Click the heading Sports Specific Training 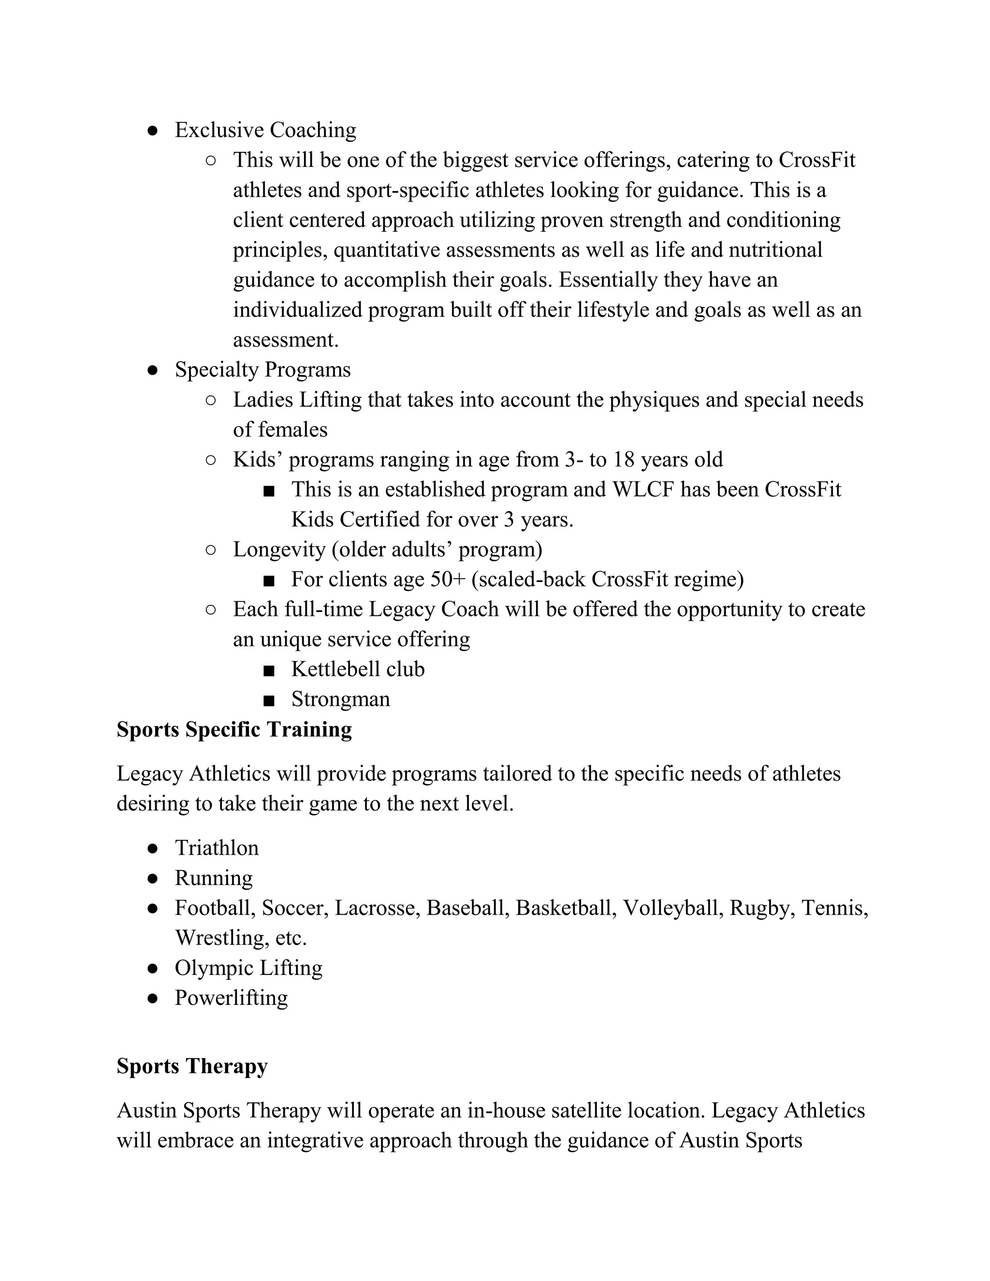[234, 729]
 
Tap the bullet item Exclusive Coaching [265, 130]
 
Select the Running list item [214, 878]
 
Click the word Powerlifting [231, 998]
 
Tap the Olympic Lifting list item [248, 968]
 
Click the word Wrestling [222, 937]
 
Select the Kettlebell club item [358, 669]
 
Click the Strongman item [340, 699]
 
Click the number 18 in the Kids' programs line [625, 459]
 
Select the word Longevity [279, 550]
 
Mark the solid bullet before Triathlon [152, 848]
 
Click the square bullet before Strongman [269, 700]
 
